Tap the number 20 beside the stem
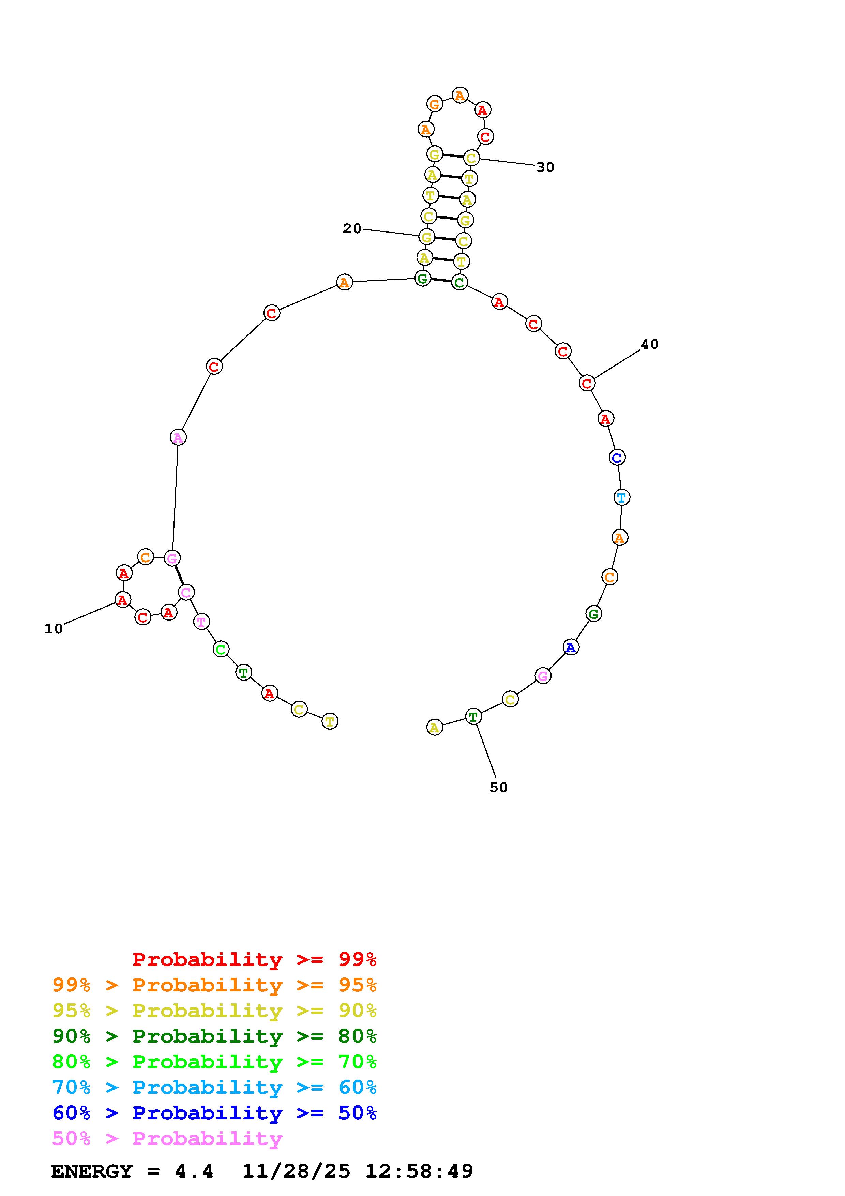coord(352,229)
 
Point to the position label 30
coord(545,167)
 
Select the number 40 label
coord(649,344)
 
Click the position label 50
coord(498,788)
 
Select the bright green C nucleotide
coord(221,649)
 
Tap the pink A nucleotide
coord(178,437)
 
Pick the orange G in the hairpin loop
coord(434,104)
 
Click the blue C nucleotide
coord(617,457)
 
